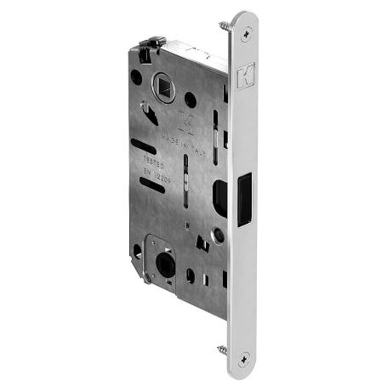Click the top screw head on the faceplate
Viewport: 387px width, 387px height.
click(247, 34)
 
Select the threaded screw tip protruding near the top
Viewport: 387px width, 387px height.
click(224, 26)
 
